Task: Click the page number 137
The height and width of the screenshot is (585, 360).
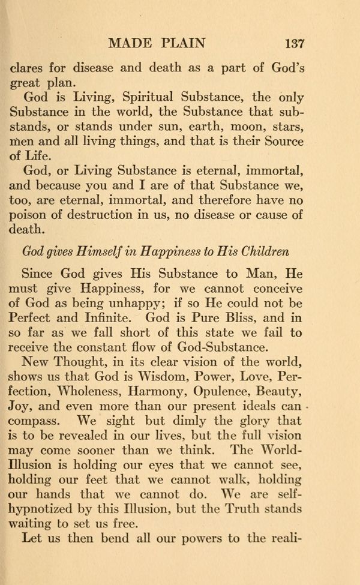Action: pyautogui.click(x=295, y=44)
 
